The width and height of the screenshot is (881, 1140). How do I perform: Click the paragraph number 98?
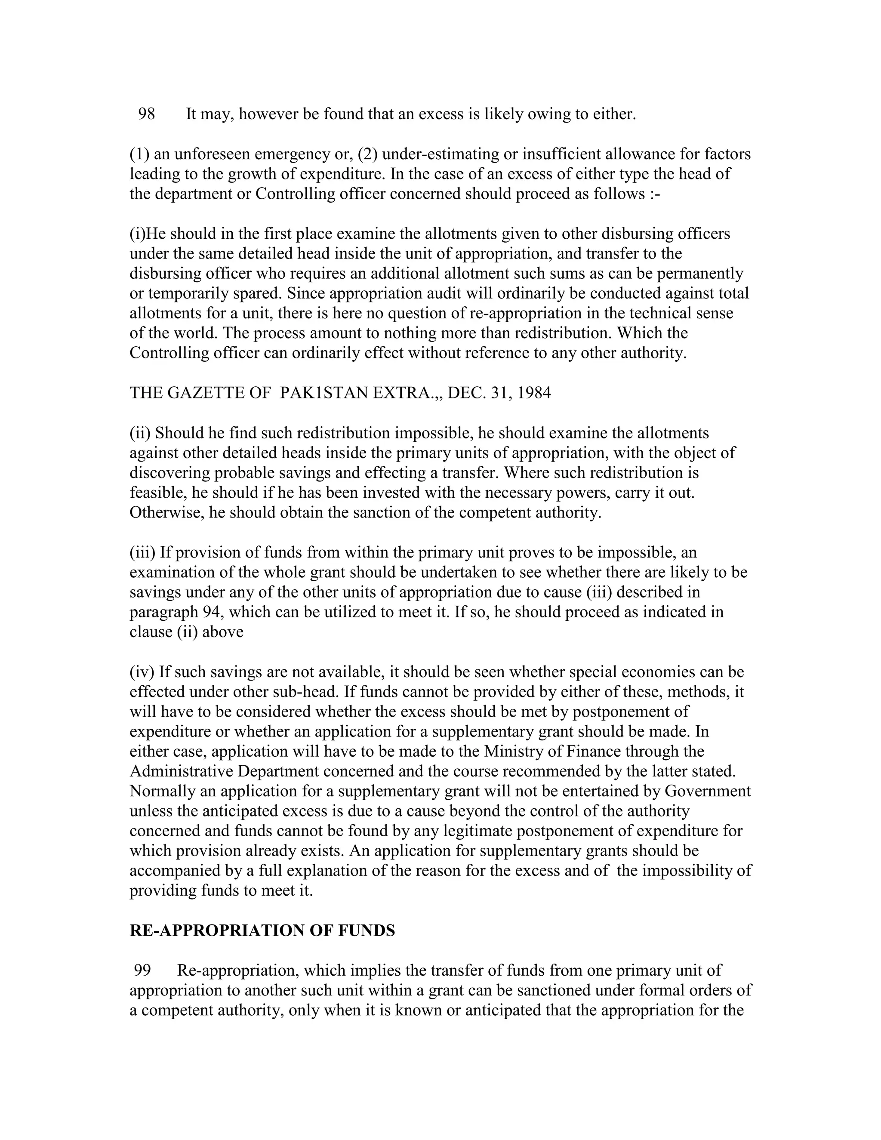pyautogui.click(x=147, y=114)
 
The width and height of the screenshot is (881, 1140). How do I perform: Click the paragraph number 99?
pyautogui.click(x=142, y=971)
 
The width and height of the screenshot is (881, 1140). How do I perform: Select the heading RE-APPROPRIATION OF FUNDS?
pyautogui.click(x=262, y=930)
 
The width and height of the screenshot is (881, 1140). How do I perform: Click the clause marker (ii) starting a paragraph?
pyautogui.click(x=140, y=433)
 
